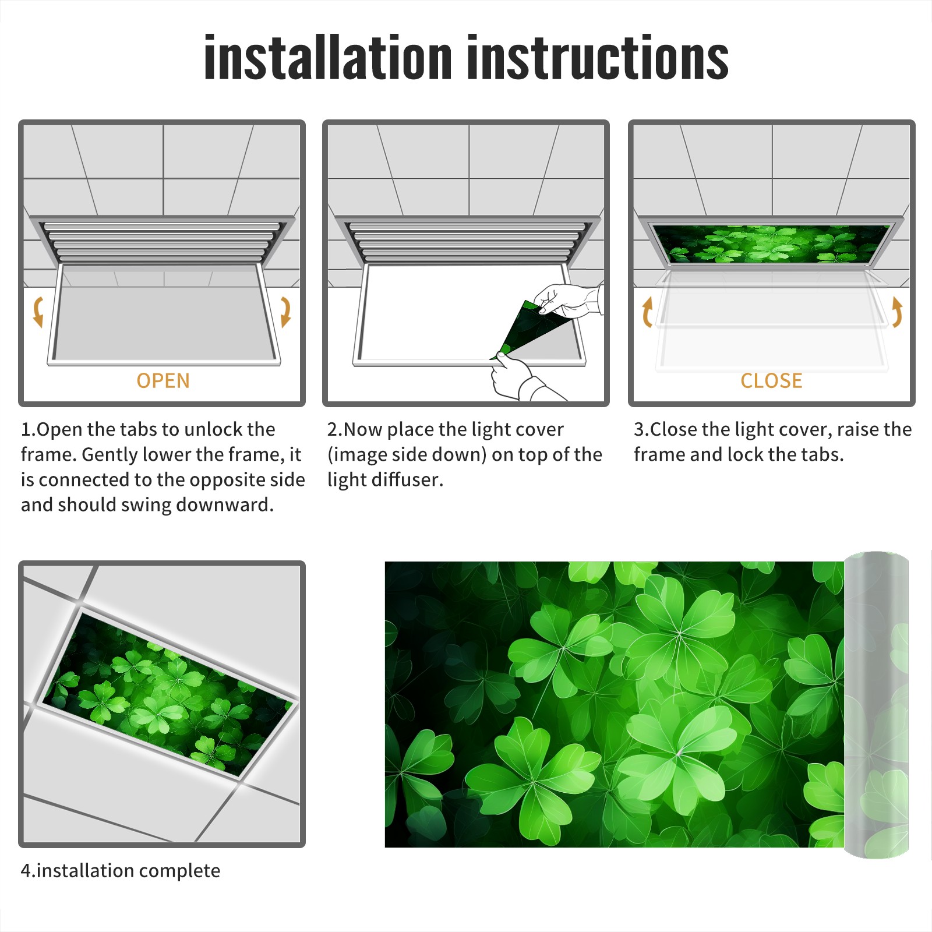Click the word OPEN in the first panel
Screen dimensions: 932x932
tap(163, 380)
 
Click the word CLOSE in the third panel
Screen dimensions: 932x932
tap(771, 380)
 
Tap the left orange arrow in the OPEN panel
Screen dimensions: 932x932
tap(38, 312)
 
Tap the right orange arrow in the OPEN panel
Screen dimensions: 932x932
tap(285, 312)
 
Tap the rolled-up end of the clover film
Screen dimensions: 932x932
tap(876, 705)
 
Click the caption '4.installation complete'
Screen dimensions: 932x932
tap(121, 871)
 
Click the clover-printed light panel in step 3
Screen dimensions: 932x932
tap(771, 243)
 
